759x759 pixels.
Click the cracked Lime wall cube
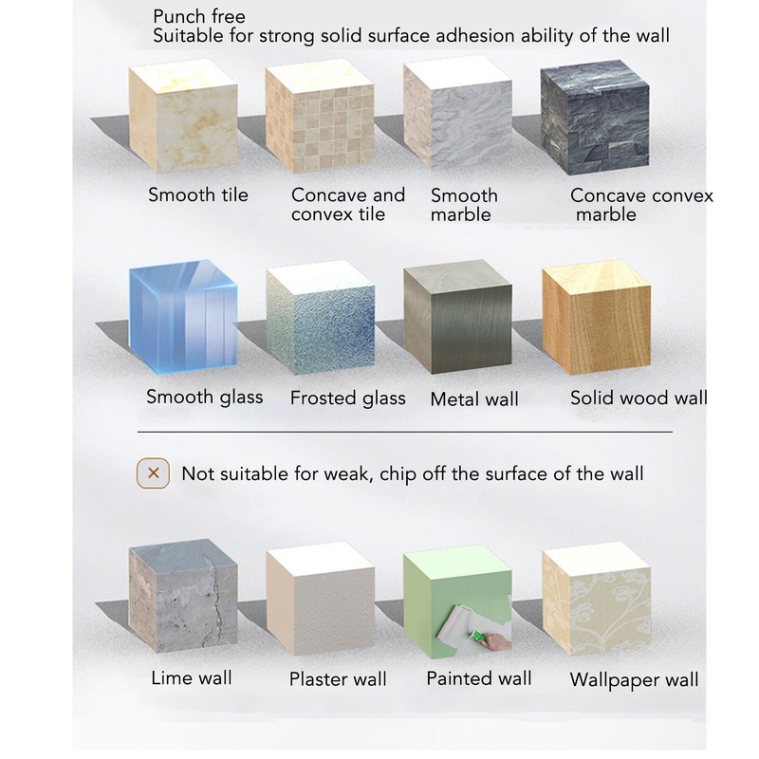click(x=181, y=598)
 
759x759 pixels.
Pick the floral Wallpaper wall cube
click(x=596, y=598)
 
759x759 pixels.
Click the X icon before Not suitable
click(x=154, y=472)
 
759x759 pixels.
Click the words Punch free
click(x=198, y=17)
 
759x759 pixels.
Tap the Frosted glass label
click(x=347, y=398)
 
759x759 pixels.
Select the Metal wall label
click(x=474, y=399)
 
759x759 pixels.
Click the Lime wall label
click(x=192, y=677)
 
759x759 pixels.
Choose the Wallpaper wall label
click(x=634, y=679)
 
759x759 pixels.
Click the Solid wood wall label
click(x=639, y=398)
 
